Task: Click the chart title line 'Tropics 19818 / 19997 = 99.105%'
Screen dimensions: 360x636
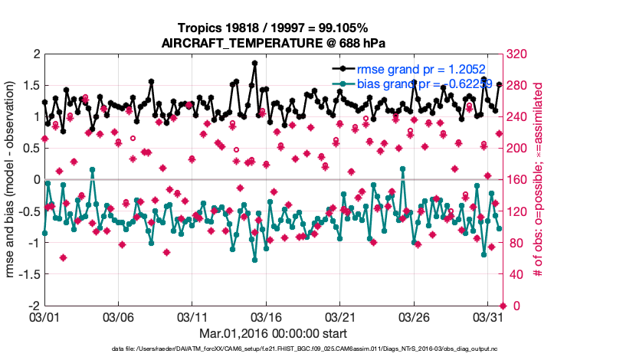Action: point(273,28)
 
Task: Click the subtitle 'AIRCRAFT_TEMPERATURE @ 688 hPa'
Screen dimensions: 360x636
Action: point(273,43)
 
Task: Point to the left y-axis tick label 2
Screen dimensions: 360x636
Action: point(35,54)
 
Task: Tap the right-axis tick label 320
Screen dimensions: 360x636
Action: point(520,54)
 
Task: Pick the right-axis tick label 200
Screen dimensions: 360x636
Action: point(520,149)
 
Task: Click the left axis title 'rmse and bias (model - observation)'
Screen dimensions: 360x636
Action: point(11,180)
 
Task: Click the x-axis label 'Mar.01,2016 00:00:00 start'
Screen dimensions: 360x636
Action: point(273,333)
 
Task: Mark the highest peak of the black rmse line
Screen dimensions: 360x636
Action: point(254,64)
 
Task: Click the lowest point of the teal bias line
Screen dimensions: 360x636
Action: point(254,260)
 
